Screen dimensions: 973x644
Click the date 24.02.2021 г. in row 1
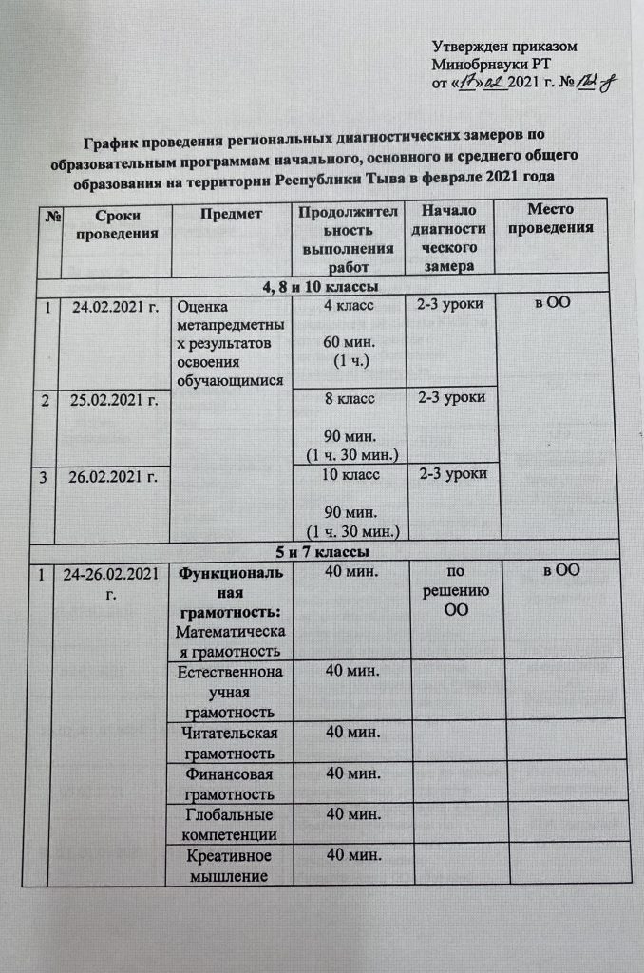110,307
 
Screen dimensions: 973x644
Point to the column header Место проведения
551,219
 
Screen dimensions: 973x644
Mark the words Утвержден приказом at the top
504,47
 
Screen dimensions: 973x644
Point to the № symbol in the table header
46,215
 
